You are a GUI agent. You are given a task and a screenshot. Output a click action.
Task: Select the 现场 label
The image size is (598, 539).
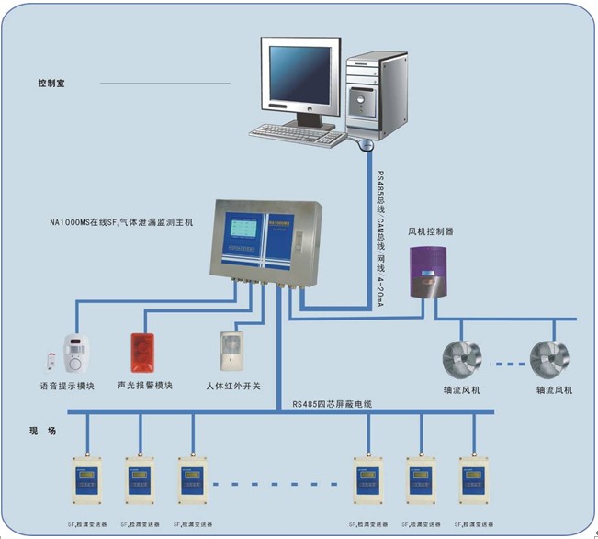pos(43,430)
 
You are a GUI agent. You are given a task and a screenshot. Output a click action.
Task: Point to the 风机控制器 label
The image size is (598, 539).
pos(431,231)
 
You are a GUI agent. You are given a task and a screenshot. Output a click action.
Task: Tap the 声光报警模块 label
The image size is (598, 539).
pos(145,386)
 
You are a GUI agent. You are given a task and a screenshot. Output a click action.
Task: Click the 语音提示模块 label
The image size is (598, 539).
pos(67,386)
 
